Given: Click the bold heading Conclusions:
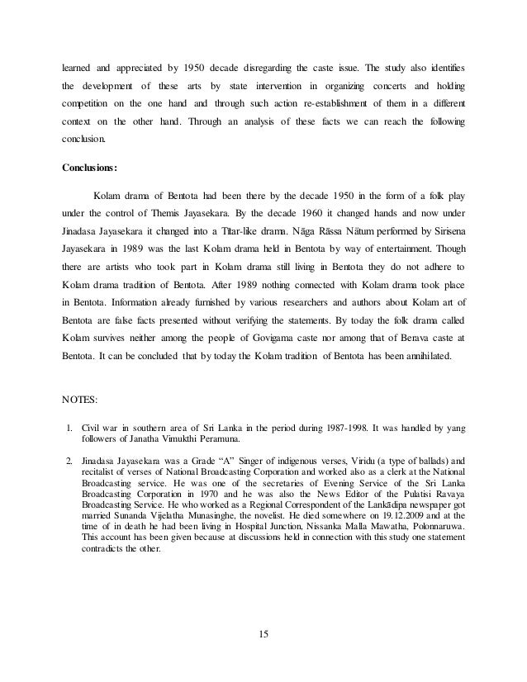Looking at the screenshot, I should pyautogui.click(x=90, y=166).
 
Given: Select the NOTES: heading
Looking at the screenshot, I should pyautogui.click(x=80, y=400).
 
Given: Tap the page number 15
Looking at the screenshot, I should pyautogui.click(x=263, y=633).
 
